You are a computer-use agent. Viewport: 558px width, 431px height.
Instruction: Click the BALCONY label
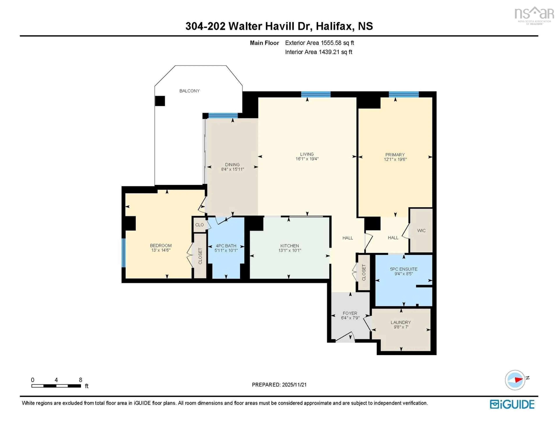pos(189,91)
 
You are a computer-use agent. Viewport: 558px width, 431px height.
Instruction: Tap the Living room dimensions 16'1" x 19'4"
pos(307,159)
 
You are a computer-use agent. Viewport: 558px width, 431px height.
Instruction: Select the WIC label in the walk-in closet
pos(421,231)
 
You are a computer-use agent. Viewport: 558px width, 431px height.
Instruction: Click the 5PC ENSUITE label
pos(404,269)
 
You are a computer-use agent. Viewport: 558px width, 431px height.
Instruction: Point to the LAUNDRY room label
pos(401,322)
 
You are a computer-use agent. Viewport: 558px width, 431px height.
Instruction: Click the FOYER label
pos(350,313)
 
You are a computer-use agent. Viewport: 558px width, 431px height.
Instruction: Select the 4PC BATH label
pos(226,246)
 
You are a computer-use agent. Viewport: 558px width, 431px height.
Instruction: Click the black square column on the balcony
pos(160,101)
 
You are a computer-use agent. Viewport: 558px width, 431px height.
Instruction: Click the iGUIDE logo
pos(512,404)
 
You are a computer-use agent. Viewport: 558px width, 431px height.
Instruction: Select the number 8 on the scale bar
pos(81,380)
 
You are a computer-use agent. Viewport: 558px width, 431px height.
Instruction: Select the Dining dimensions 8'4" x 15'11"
pos(233,169)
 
